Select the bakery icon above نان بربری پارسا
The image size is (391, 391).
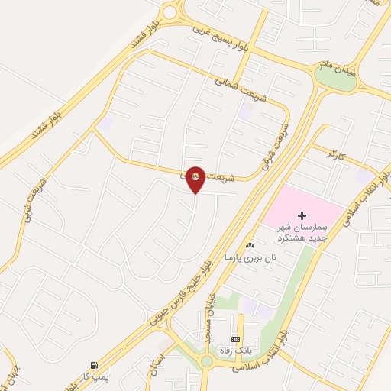coord(250,245)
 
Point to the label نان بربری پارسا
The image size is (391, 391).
coord(249,259)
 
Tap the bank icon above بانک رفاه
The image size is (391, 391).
coord(235,338)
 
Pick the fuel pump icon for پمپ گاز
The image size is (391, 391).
coord(93,364)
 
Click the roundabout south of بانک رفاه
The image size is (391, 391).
coord(207,360)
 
